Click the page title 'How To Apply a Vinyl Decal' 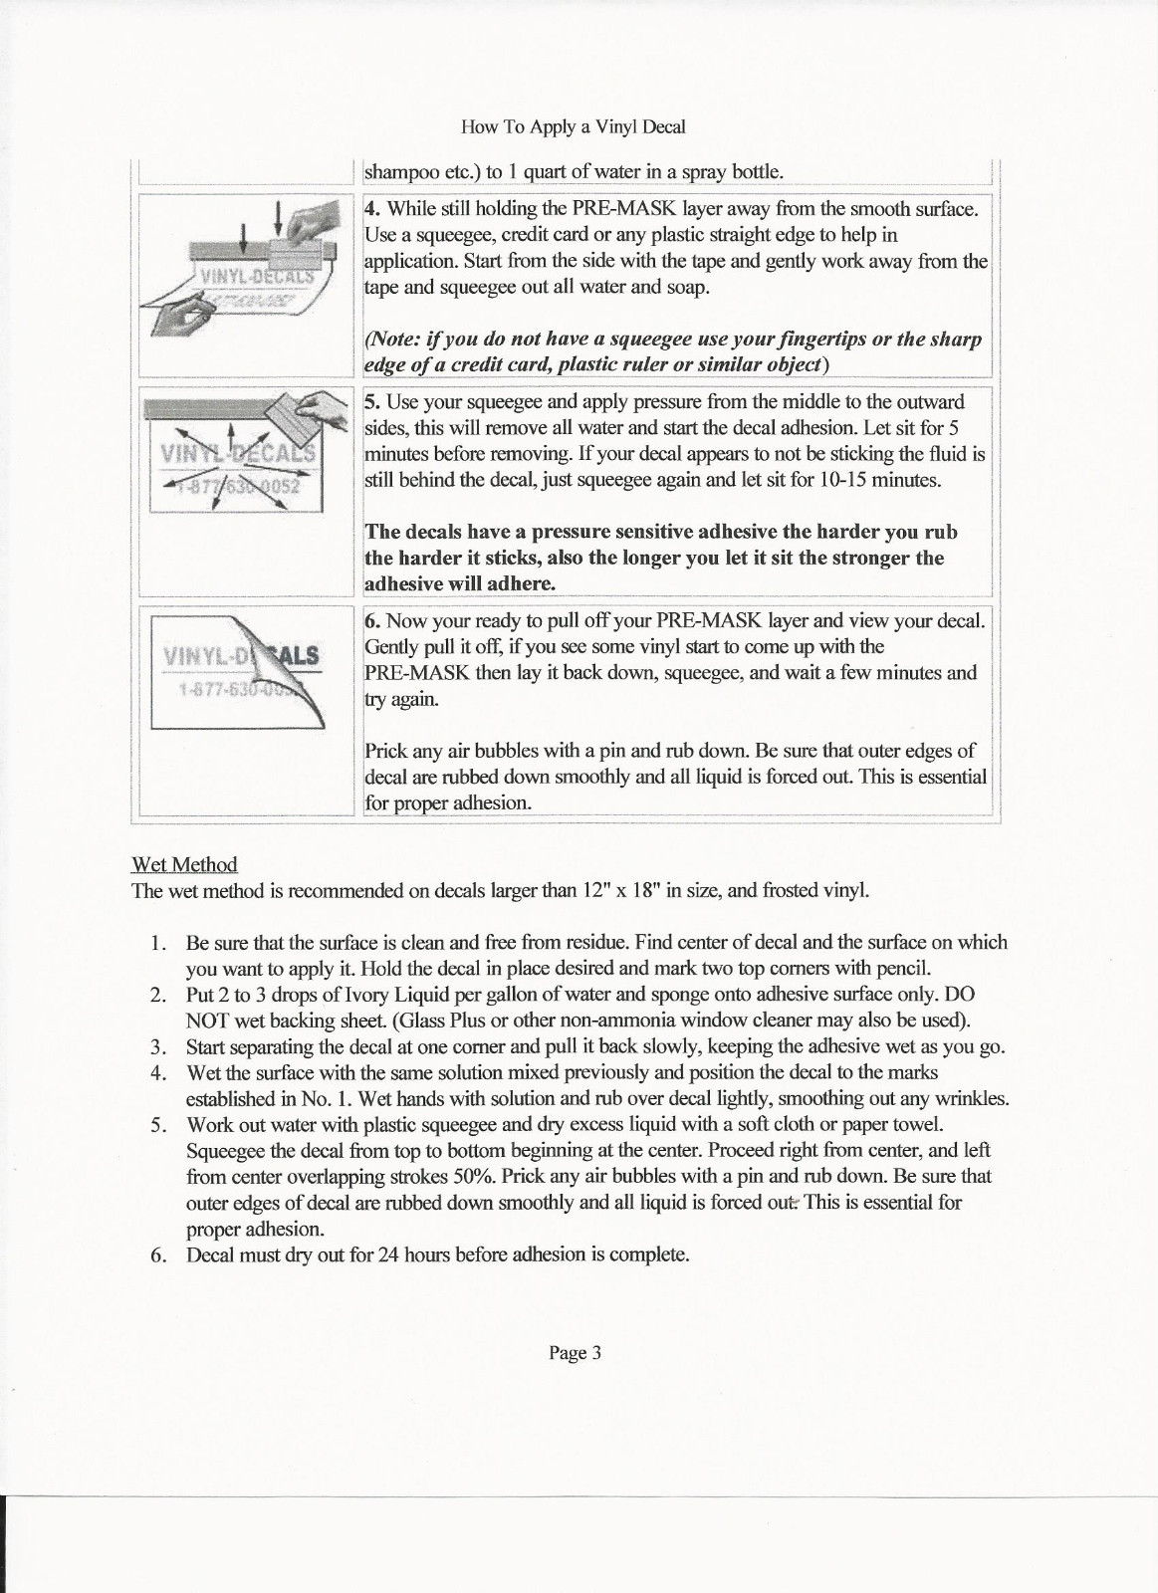click(574, 127)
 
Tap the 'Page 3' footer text click(576, 1353)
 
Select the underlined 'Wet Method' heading click(184, 864)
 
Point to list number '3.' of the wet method click(157, 1046)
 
